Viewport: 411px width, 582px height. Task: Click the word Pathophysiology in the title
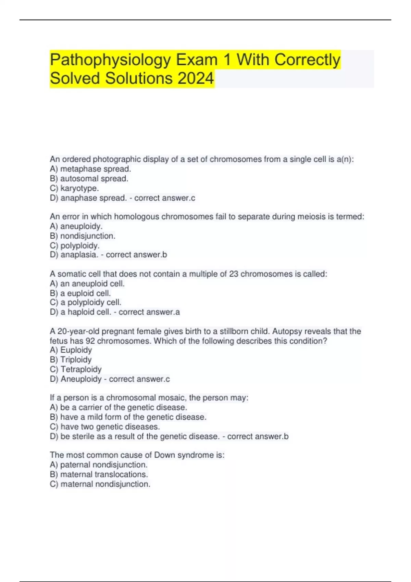coord(110,60)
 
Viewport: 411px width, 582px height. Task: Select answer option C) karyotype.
coord(74,188)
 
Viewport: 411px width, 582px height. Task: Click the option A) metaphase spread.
coord(90,169)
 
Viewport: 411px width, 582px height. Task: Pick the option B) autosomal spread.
coord(89,178)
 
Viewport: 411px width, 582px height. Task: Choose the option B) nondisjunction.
coord(83,236)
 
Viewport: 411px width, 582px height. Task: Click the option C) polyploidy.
coord(75,245)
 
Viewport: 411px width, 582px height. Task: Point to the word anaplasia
coord(79,255)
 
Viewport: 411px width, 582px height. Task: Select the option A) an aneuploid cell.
coord(87,283)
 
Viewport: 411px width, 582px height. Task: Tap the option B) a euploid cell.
coord(80,293)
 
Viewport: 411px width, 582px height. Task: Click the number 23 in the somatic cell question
coord(234,274)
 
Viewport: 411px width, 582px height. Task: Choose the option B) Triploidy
coord(71,359)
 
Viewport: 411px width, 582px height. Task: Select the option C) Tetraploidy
coord(76,369)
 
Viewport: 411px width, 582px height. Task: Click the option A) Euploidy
coord(71,350)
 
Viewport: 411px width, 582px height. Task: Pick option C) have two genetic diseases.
coord(105,427)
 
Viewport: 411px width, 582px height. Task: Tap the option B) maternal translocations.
coord(99,475)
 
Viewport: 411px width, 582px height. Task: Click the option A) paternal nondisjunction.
coord(99,465)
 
